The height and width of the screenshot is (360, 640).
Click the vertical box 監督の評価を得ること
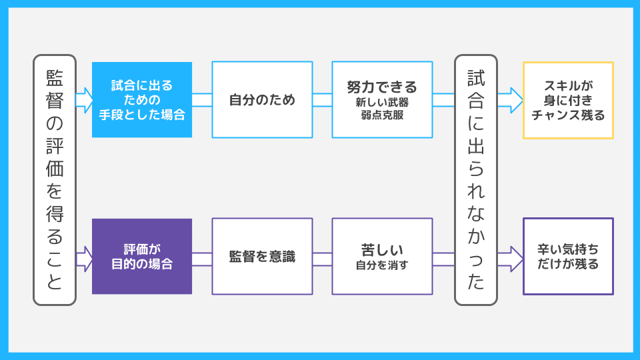55,180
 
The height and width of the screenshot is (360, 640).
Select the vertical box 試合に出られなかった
476,180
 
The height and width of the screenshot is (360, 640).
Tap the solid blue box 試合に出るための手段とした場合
142,100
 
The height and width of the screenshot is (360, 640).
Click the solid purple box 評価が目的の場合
142,257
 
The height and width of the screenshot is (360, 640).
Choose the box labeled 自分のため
262,100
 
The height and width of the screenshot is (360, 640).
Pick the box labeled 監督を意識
262,257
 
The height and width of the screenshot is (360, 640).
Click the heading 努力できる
382,87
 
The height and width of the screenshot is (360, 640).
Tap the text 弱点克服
382,115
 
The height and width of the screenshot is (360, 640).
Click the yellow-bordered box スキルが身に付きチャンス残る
568,100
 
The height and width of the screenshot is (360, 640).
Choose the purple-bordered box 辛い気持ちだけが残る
568,257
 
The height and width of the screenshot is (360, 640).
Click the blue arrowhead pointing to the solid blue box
85,100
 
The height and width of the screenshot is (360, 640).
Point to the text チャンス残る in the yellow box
568,115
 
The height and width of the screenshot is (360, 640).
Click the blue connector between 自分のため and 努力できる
322,100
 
